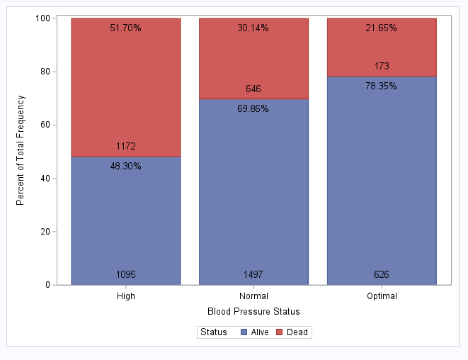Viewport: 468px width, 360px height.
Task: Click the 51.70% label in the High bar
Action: coord(126,28)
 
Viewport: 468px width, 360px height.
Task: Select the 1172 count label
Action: coord(126,147)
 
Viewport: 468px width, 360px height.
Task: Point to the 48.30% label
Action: coord(126,167)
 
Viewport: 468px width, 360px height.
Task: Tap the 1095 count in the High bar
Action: coord(126,274)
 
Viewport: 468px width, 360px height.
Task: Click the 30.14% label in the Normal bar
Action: coord(253,28)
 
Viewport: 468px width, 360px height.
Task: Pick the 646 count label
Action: coord(253,89)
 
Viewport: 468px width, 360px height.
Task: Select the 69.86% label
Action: coord(253,109)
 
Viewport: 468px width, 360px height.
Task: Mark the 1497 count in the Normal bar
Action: coord(253,274)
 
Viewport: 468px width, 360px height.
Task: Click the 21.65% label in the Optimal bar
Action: coord(381,28)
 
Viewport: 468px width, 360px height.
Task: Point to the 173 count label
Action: coord(381,67)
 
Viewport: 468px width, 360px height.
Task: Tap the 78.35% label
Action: coord(381,86)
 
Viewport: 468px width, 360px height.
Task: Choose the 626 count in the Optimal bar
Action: coord(381,274)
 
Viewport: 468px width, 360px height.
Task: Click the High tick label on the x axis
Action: coord(126,296)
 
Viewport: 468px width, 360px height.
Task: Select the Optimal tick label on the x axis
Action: coord(381,296)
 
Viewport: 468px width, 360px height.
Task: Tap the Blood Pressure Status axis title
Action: coord(253,312)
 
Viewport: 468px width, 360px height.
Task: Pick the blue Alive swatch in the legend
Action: coord(244,332)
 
